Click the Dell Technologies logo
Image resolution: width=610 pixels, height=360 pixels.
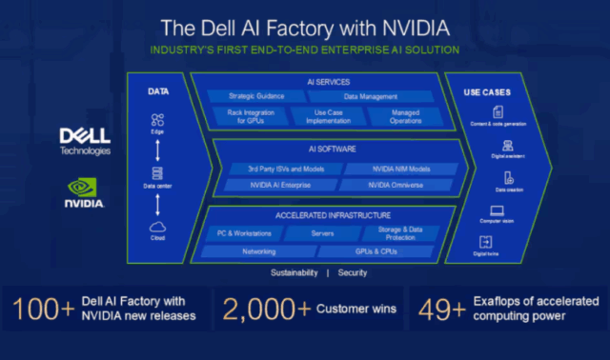[85, 140]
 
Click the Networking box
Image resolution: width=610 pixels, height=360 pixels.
[258, 252]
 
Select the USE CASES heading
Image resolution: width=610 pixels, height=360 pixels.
[487, 92]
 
